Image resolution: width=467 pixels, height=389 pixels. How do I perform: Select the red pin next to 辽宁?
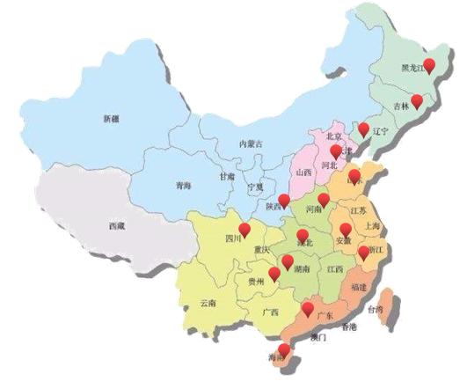pyautogui.click(x=364, y=128)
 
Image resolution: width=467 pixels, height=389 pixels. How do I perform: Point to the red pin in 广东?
pyautogui.click(x=307, y=308)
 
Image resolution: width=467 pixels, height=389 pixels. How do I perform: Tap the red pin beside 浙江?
pyautogui.click(x=364, y=253)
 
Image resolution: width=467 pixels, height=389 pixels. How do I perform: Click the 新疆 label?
pyautogui.click(x=111, y=118)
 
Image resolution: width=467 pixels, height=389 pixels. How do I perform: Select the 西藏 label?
pyautogui.click(x=117, y=225)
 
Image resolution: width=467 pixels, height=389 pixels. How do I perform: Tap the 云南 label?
pyautogui.click(x=208, y=303)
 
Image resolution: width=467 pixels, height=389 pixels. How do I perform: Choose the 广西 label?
pyautogui.click(x=271, y=312)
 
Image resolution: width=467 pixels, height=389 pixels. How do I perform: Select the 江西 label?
pyautogui.click(x=334, y=268)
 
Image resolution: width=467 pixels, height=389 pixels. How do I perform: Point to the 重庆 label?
pyautogui.click(x=260, y=249)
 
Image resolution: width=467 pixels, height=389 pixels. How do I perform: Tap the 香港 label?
pyautogui.click(x=348, y=327)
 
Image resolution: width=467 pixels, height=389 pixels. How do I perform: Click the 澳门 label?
pyautogui.click(x=317, y=336)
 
